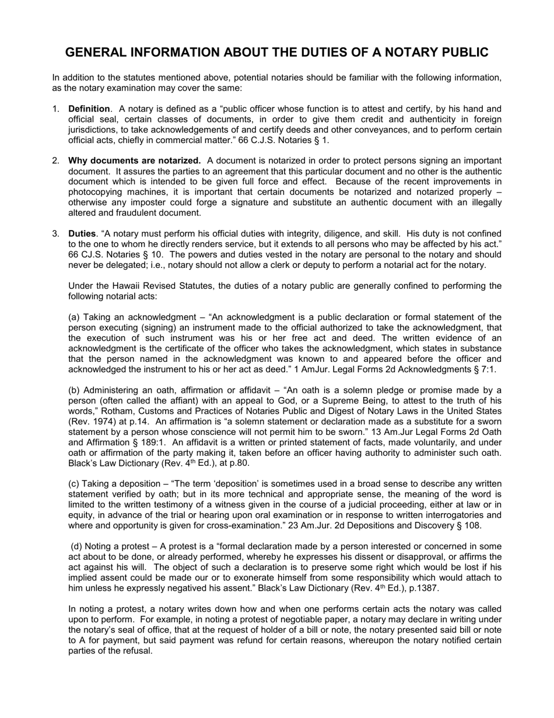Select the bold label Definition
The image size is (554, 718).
tap(89, 109)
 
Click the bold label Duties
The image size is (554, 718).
tap(82, 233)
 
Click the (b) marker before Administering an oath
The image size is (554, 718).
tap(75, 390)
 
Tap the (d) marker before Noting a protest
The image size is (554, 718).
tap(77, 546)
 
